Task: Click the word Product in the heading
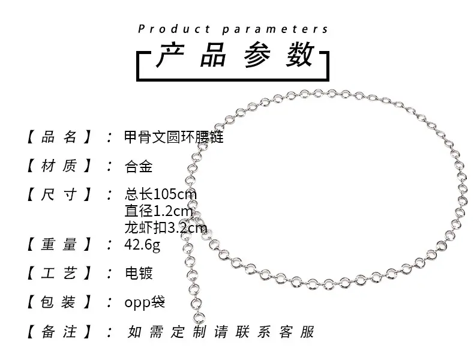pos(174,29)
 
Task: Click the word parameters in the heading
pos(275,29)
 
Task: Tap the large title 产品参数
pos(235,55)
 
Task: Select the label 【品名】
pos(59,137)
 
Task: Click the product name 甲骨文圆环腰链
pos(174,137)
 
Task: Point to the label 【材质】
pos(59,166)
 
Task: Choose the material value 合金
pos(139,166)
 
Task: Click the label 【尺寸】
pos(59,194)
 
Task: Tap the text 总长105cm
pos(161,194)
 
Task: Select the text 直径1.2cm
pos(158,211)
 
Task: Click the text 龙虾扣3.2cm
pos(166,227)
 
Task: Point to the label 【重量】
pos(59,244)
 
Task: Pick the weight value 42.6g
pos(142,245)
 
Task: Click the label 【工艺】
pos(59,273)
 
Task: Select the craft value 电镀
pos(139,273)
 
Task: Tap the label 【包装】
pos(59,302)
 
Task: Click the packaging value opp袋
pos(145,302)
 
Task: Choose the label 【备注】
pos(59,332)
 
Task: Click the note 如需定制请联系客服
pos(221,332)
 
